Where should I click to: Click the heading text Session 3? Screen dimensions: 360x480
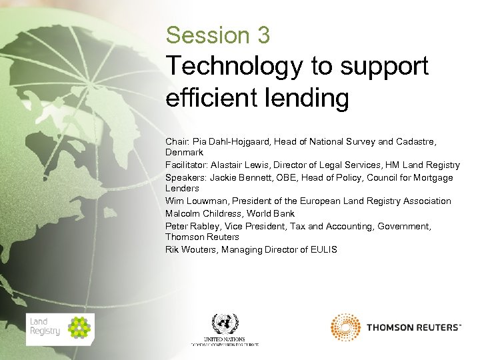coord(218,35)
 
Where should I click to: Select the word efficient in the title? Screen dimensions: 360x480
coord(209,98)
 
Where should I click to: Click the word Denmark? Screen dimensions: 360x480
coord(185,153)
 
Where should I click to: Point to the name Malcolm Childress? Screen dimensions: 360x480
coord(203,213)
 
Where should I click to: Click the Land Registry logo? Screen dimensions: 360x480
coord(60,329)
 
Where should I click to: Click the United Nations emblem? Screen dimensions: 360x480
coord(225,325)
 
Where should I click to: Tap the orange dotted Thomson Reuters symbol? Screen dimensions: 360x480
coord(345,327)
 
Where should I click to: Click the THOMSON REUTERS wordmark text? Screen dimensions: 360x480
coord(413,328)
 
